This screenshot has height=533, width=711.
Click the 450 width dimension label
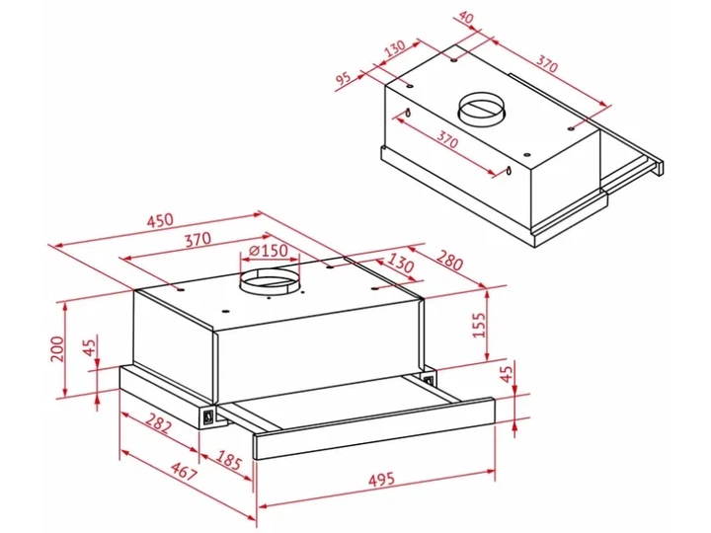pos(160,220)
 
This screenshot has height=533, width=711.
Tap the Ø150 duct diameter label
pos(269,250)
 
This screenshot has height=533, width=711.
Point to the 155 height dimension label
pos(479,324)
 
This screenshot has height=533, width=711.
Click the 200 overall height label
pos(57,348)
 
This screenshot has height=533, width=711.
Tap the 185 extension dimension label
pos(228,460)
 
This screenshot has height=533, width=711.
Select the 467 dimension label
pos(184,472)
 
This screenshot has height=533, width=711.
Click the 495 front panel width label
pos(381,479)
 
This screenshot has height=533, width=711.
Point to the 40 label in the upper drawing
pos(466,19)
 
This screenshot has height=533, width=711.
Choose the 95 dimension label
pos(344,78)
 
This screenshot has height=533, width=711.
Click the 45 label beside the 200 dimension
pos(91,346)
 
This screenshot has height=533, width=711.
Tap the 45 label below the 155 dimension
pos(507,371)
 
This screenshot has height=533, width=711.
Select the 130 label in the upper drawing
pos(394,48)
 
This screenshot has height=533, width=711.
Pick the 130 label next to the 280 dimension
pos(400,264)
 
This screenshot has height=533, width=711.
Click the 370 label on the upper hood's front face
pos(447,139)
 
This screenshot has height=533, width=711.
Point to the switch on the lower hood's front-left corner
pos(208,417)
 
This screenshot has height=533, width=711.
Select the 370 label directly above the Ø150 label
pos(197,239)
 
